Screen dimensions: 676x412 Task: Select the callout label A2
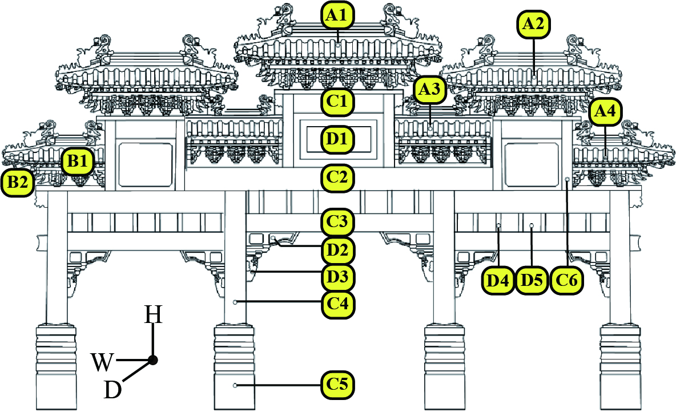[x=533, y=25]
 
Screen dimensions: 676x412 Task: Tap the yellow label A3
[x=430, y=90]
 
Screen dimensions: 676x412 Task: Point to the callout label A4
[x=606, y=112]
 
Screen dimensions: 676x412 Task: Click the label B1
[x=78, y=161]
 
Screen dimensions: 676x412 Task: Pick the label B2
[x=17, y=182]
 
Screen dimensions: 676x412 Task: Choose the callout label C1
[x=337, y=101]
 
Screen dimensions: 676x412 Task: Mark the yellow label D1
[x=337, y=140]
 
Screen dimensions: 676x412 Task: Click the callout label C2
[x=337, y=177]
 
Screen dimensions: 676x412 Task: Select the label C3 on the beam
[x=337, y=223]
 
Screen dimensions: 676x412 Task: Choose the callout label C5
[x=337, y=383]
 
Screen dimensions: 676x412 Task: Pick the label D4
[x=498, y=281]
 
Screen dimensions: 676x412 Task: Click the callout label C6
[x=566, y=281]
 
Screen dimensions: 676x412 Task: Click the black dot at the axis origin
[x=152, y=360]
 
